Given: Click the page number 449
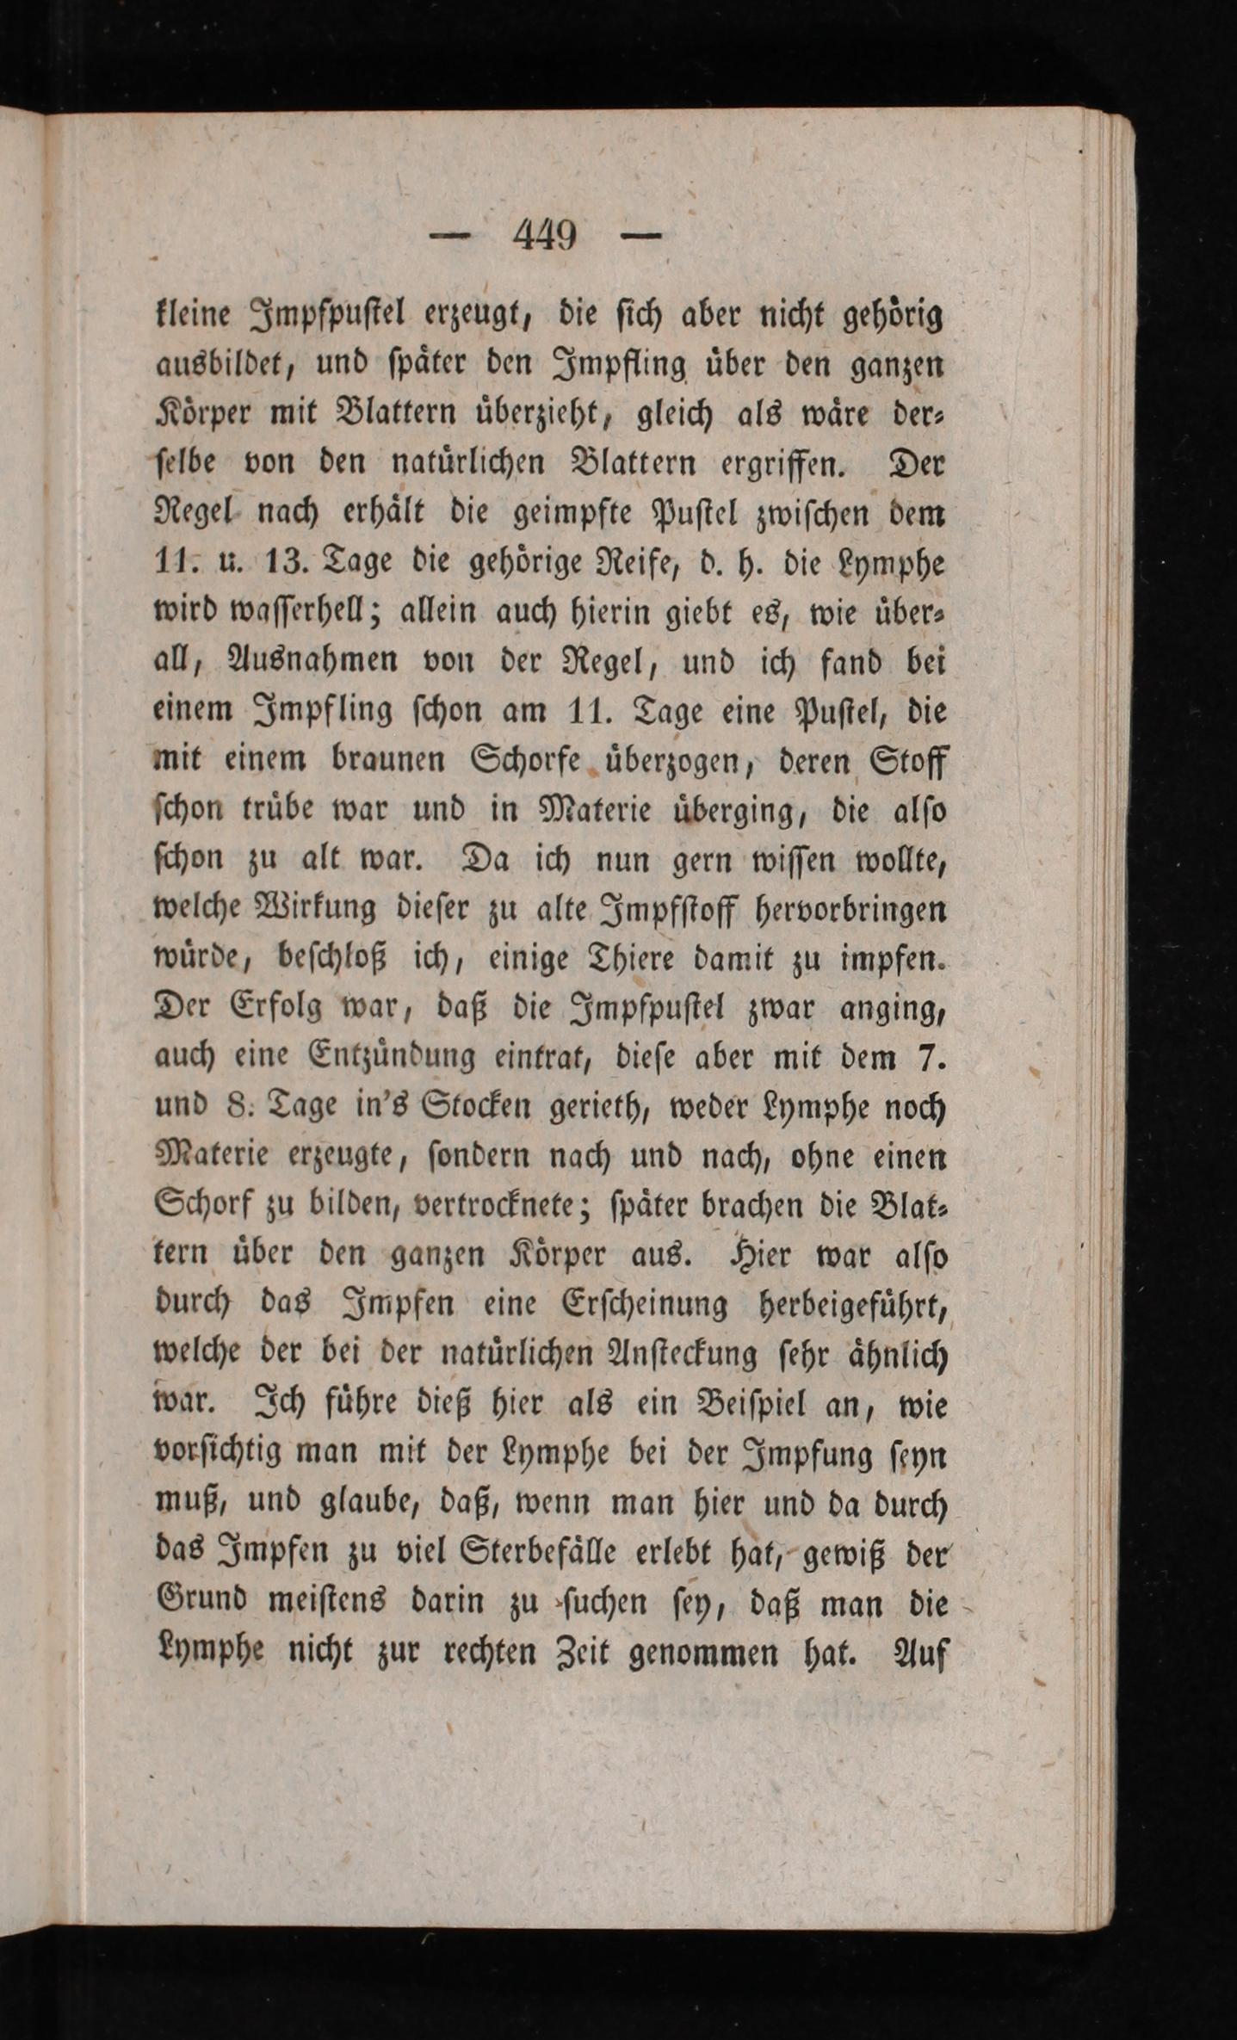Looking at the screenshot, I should (544, 234).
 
